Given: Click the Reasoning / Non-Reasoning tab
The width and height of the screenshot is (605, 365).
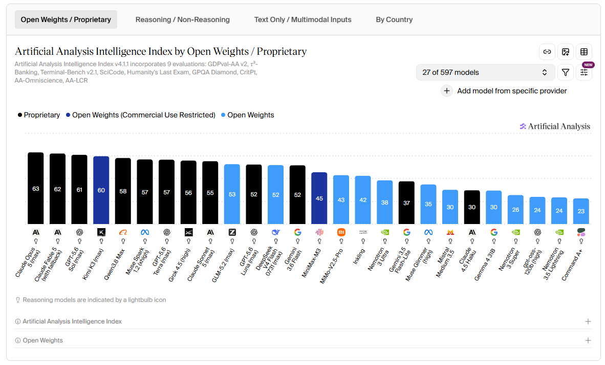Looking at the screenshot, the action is point(183,19).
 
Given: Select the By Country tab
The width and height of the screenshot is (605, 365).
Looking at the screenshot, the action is point(394,19).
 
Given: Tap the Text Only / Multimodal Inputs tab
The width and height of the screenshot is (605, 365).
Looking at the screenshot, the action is point(302,19).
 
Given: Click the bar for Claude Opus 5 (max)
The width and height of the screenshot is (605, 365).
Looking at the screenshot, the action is point(36,188).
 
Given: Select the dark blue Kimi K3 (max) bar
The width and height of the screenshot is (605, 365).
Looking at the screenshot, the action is point(101,190).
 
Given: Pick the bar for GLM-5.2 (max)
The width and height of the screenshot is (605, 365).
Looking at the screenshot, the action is point(232,194).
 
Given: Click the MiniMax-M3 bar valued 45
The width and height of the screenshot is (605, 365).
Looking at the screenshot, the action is point(319,198).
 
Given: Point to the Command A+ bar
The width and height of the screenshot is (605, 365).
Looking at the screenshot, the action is point(581,211).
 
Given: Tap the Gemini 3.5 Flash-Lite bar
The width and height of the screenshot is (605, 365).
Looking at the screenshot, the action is point(407,203).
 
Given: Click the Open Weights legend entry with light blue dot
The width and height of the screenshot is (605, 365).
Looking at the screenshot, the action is point(247,115).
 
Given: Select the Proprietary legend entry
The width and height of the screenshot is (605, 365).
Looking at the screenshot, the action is point(38,115).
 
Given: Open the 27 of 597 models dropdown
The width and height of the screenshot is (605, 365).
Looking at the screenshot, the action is point(485,72).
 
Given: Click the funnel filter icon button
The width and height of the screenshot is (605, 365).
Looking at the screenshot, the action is point(566,72).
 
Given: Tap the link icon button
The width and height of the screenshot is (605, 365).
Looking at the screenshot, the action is point(547,52).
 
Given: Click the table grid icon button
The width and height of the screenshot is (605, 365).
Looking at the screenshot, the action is point(584,52).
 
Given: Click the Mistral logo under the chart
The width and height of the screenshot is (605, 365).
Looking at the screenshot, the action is point(450,232).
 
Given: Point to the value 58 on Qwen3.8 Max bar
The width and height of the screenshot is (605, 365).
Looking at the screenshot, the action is point(123,191).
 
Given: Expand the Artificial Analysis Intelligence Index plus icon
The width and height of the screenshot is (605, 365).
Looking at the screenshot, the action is point(588,321).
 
